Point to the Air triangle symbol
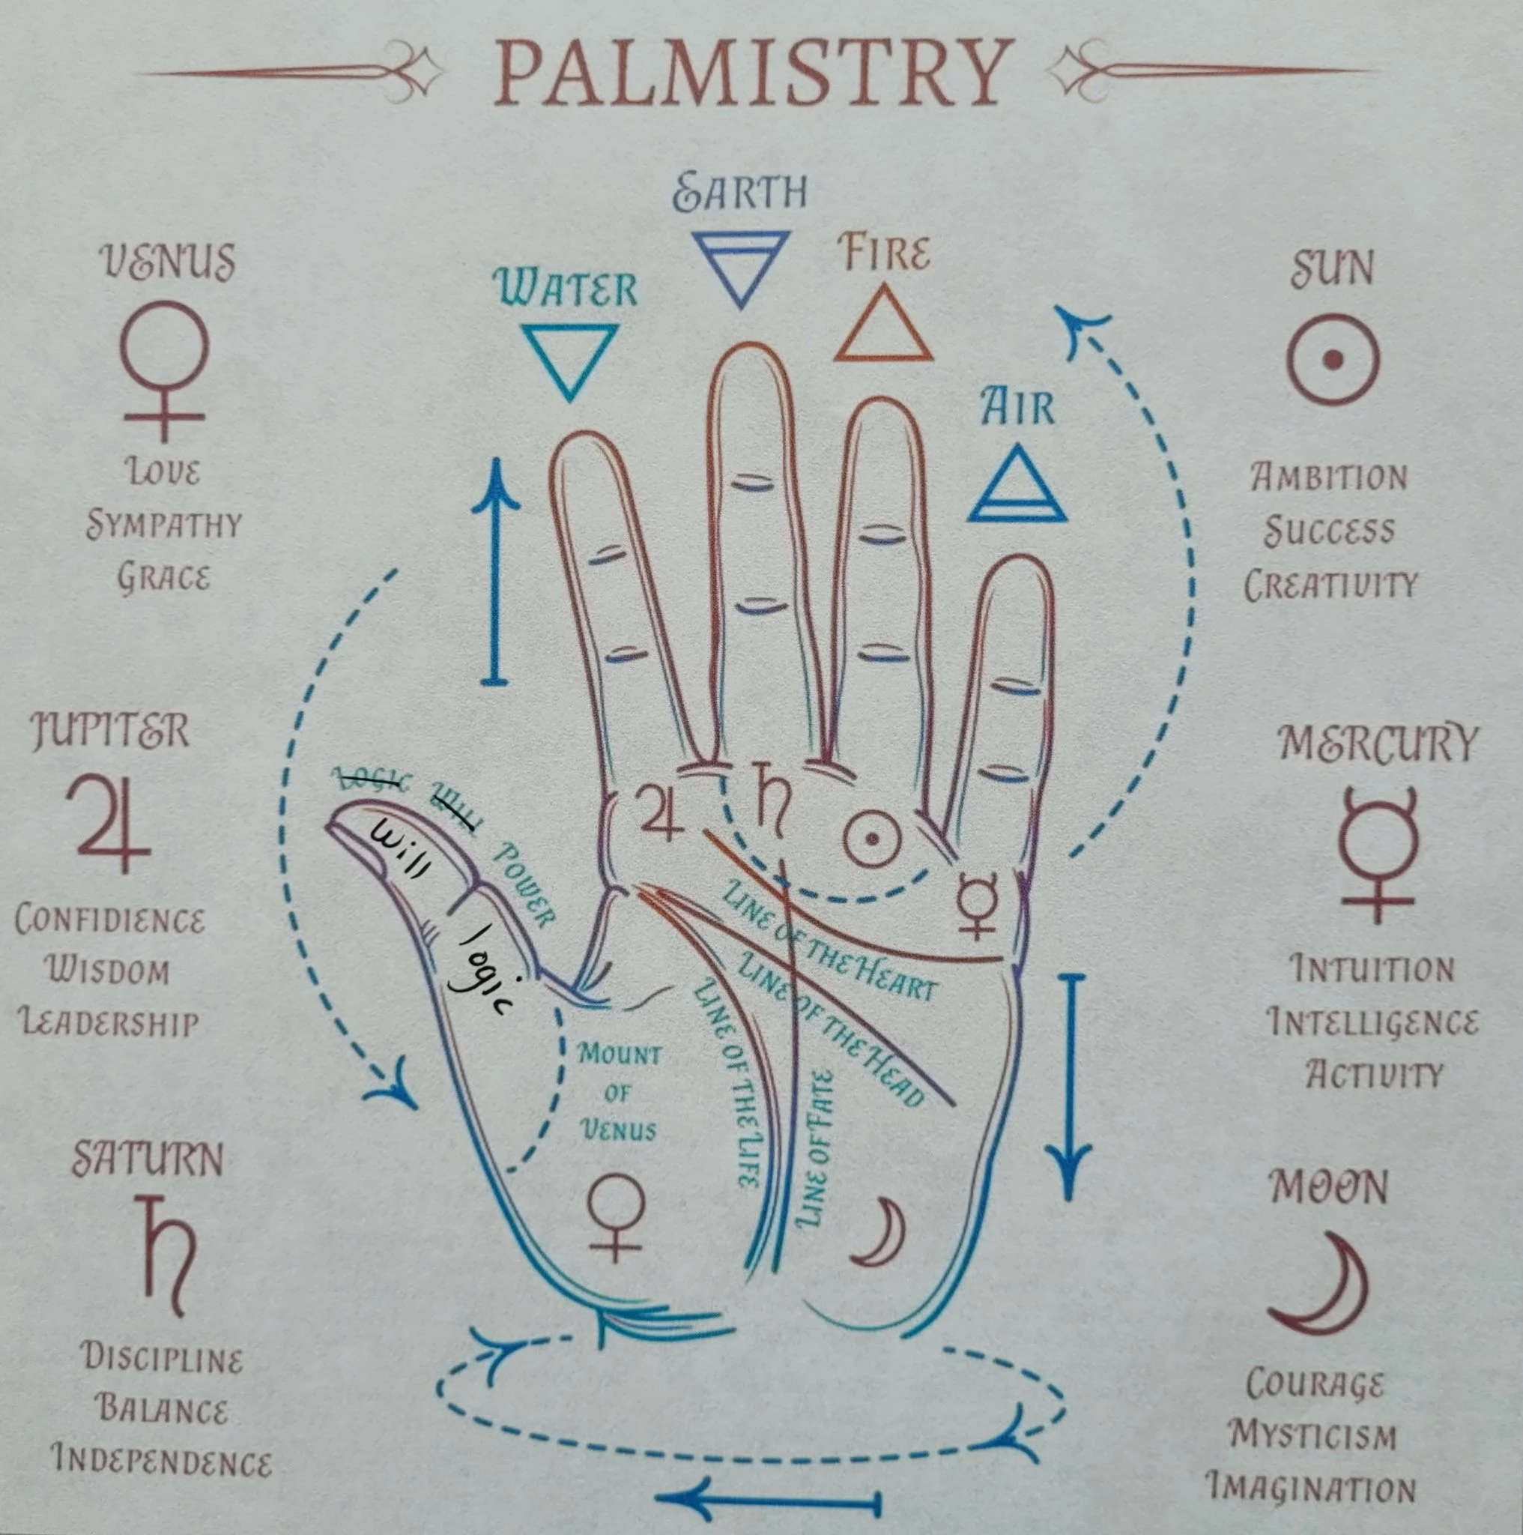tap(1017, 486)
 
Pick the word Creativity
tap(1330, 585)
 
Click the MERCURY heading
tap(1378, 743)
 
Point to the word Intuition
tap(1372, 970)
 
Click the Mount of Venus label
tap(619, 1093)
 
